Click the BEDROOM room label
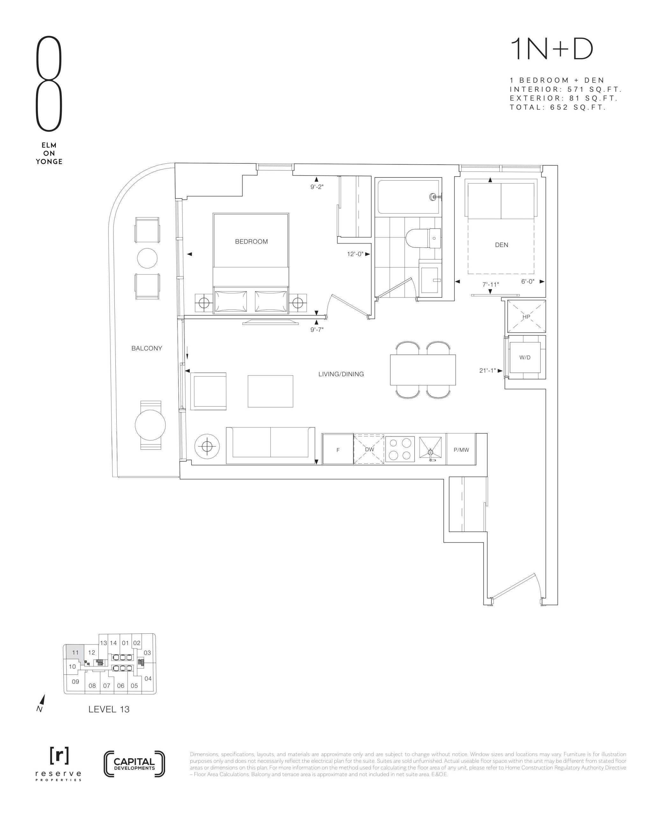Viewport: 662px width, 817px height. click(251, 241)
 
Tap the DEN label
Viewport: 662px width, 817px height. click(501, 245)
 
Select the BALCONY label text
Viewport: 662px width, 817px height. click(147, 348)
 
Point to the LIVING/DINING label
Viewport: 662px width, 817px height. click(341, 374)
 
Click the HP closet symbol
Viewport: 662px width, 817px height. click(526, 317)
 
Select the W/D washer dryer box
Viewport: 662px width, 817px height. click(525, 357)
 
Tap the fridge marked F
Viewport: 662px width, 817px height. click(338, 449)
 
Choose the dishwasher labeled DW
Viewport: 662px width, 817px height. click(369, 449)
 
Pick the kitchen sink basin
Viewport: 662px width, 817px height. click(431, 448)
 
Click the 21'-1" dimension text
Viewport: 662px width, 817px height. click(488, 370)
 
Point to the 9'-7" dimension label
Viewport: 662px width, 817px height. click(317, 329)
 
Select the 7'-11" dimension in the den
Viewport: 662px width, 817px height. click(491, 284)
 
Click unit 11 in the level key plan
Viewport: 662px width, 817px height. click(75, 652)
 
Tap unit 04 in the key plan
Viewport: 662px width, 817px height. click(148, 678)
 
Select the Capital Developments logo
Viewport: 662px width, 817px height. click(134, 764)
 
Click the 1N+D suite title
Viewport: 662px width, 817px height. click(551, 50)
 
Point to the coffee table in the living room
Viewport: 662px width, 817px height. click(270, 391)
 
